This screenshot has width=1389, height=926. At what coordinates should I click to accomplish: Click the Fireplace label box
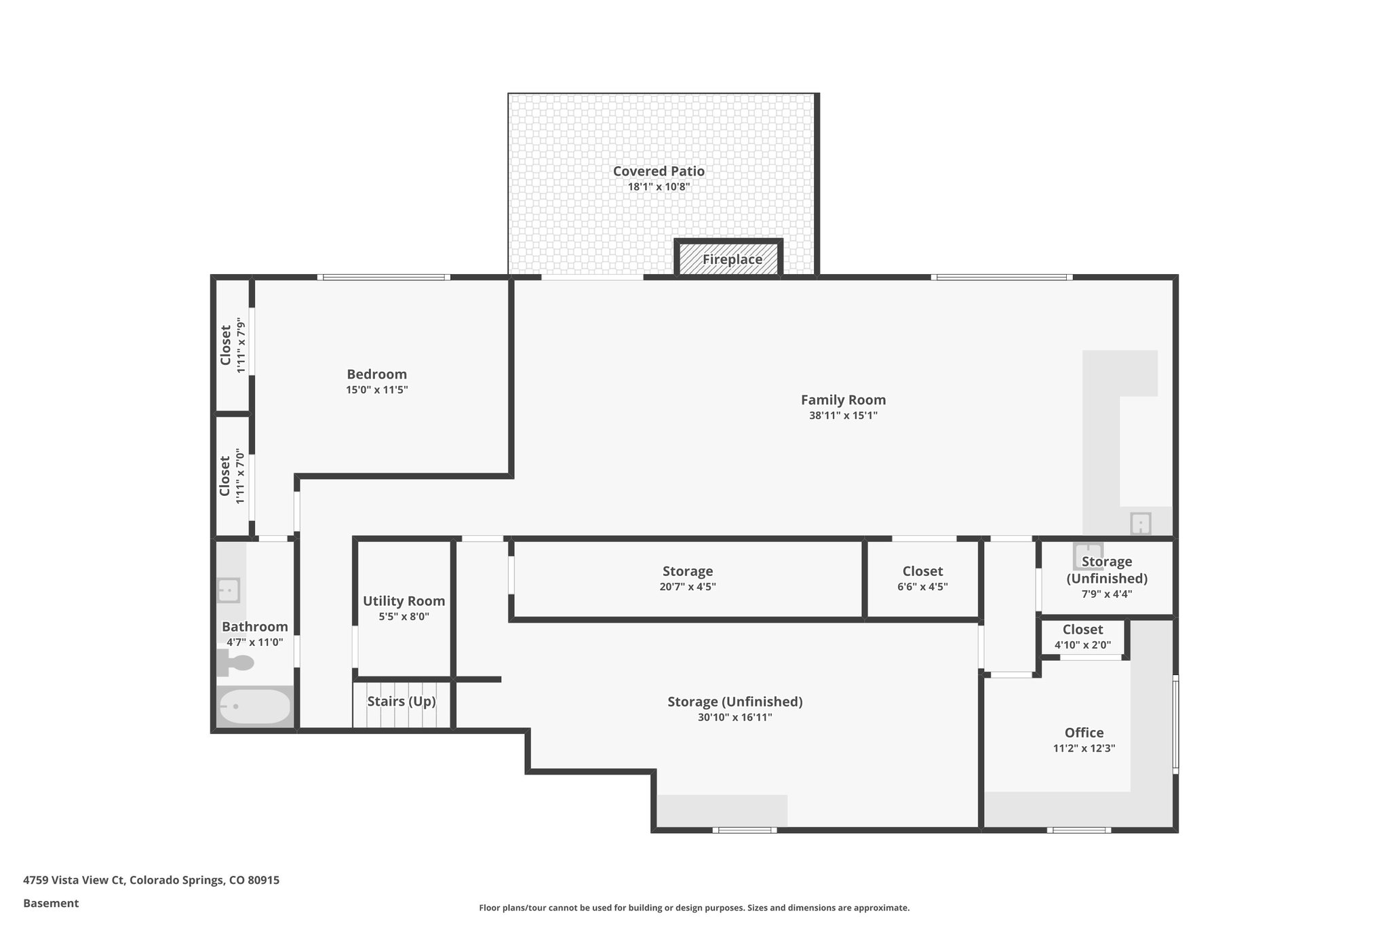[732, 259]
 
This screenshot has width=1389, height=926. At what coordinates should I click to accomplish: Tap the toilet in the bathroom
[235, 662]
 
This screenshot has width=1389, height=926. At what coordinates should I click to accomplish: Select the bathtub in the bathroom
[254, 708]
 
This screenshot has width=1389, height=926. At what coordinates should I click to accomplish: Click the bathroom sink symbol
[229, 590]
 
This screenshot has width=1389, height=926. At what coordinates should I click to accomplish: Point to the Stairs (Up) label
[402, 701]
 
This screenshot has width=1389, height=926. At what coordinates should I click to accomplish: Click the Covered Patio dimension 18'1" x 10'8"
[659, 187]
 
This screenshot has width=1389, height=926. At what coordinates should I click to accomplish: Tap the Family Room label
[843, 400]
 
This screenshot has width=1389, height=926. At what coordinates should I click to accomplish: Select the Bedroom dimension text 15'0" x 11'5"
[376, 390]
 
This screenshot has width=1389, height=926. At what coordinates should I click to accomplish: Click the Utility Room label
[404, 601]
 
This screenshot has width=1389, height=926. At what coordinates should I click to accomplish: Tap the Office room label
[1084, 733]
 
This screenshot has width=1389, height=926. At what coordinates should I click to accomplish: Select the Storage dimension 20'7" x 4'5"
[687, 587]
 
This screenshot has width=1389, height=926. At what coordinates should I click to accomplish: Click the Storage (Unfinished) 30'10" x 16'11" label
[735, 701]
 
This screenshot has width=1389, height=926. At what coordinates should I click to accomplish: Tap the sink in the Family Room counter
[1140, 524]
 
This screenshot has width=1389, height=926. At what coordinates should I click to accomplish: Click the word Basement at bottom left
[51, 903]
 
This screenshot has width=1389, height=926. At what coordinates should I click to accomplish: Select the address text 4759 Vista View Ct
[75, 880]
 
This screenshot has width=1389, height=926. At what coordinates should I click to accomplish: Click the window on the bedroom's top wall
[383, 277]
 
